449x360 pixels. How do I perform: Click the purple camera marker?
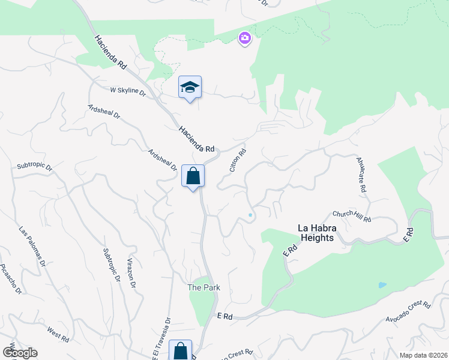click(244, 39)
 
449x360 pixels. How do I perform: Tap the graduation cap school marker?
click(190, 88)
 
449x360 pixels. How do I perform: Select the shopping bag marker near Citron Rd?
click(193, 176)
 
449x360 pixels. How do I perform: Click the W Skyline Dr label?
click(128, 91)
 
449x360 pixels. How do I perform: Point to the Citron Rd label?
click(238, 161)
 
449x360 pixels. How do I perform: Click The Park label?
click(203, 287)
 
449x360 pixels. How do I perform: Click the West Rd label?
click(58, 334)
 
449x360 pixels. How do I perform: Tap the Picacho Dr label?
click(10, 279)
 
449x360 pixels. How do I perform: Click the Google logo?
click(20, 353)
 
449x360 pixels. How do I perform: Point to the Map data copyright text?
click(423, 355)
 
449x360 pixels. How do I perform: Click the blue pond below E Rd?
click(382, 284)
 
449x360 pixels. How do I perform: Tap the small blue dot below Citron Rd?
click(250, 215)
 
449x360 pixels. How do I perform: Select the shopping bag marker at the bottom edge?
click(180, 350)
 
